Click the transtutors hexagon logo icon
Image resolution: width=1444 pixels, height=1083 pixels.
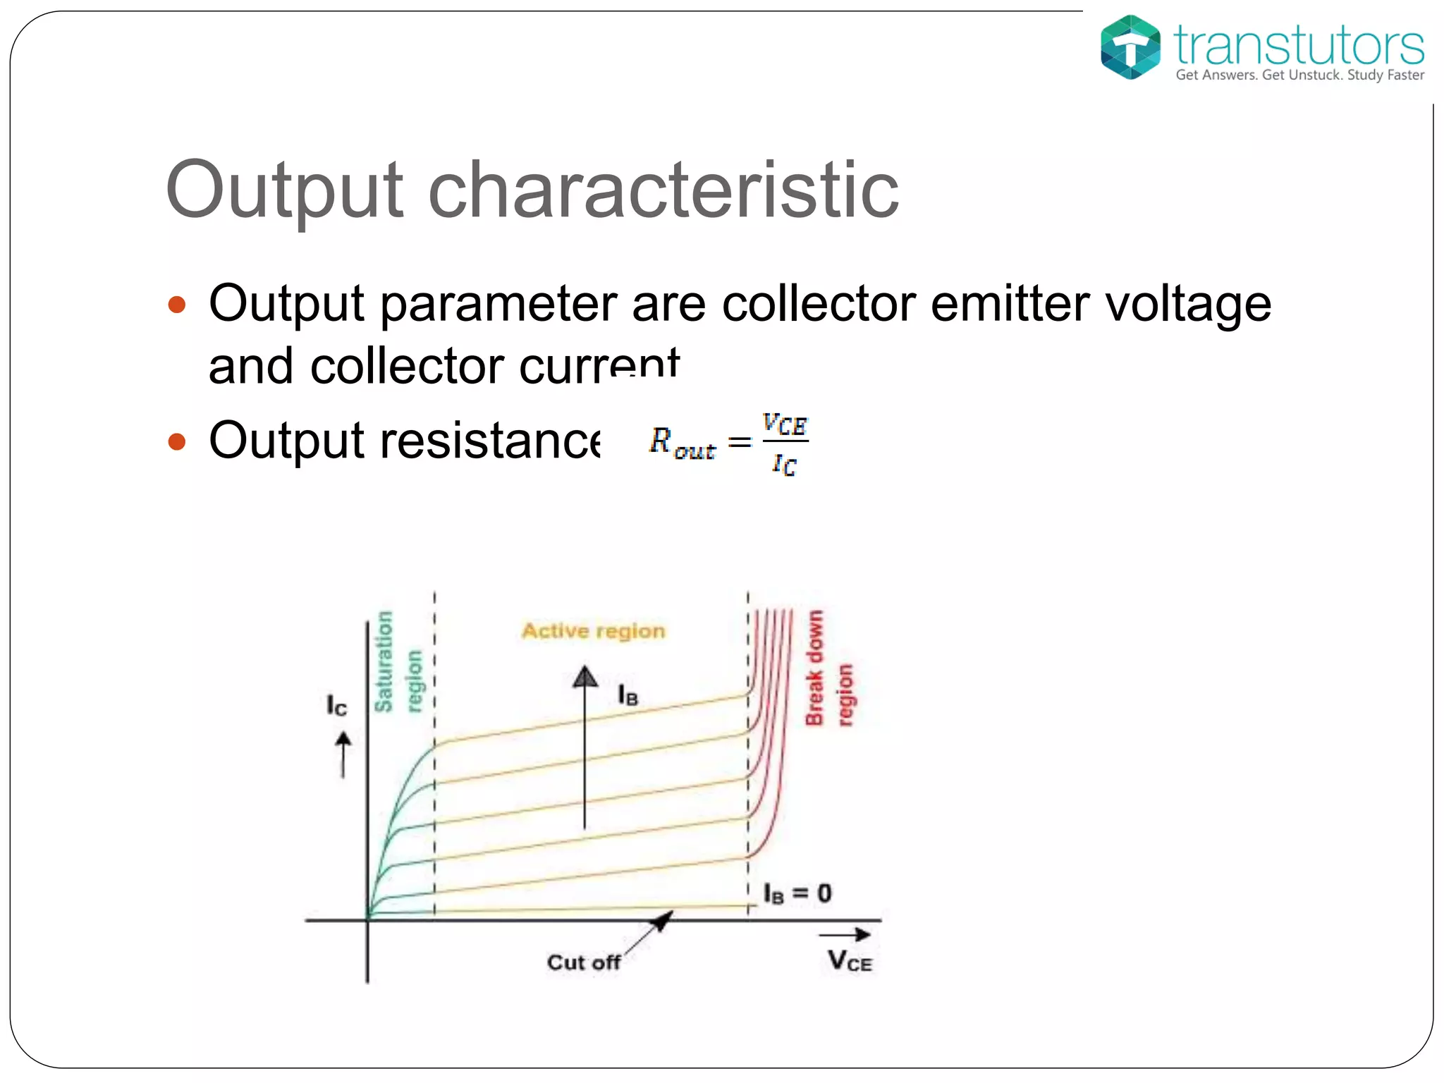click(1130, 47)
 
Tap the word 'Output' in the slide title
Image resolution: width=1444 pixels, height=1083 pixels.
click(284, 190)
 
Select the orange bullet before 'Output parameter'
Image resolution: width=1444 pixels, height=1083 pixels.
click(177, 305)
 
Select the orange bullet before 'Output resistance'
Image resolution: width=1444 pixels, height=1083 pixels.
click(177, 441)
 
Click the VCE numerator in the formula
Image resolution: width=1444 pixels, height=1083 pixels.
click(784, 424)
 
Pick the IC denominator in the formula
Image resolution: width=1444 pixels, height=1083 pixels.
click(784, 464)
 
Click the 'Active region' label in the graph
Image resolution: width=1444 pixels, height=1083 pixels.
click(593, 630)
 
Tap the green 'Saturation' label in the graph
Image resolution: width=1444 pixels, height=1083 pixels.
click(384, 661)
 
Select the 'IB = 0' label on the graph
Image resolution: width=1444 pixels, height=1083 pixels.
click(797, 894)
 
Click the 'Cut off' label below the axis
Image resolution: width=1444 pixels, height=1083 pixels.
click(583, 962)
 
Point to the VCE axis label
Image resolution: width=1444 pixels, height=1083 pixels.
click(850, 961)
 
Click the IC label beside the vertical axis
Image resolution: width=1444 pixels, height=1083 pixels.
click(336, 705)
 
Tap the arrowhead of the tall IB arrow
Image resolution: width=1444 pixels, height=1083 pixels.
click(585, 677)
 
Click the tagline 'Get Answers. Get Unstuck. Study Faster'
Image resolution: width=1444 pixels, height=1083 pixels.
click(1299, 75)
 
